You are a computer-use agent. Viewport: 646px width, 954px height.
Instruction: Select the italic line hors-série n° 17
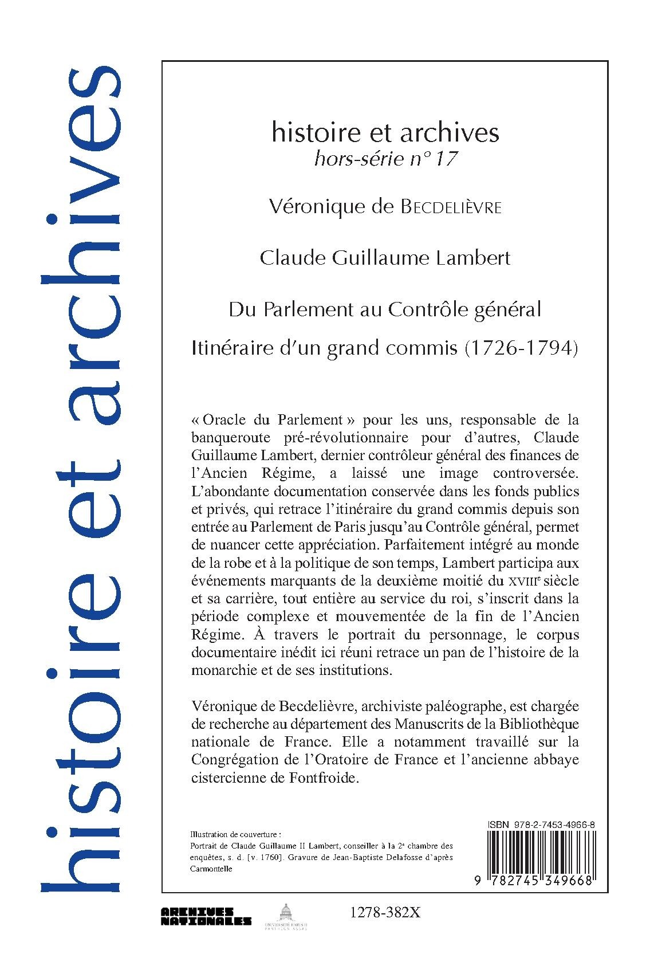(385, 159)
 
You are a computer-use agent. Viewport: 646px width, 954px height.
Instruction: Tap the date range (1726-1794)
(518, 348)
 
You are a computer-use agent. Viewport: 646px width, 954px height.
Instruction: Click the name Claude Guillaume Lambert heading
(385, 258)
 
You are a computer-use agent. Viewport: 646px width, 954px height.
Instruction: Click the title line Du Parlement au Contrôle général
(385, 309)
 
